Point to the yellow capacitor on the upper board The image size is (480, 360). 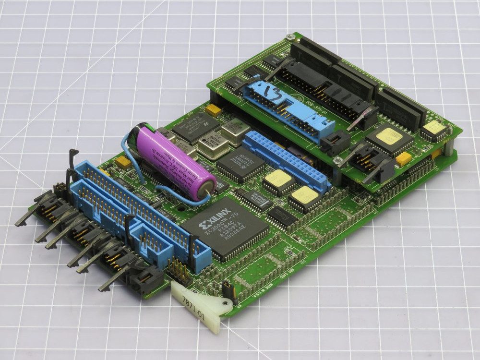coord(403,158)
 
